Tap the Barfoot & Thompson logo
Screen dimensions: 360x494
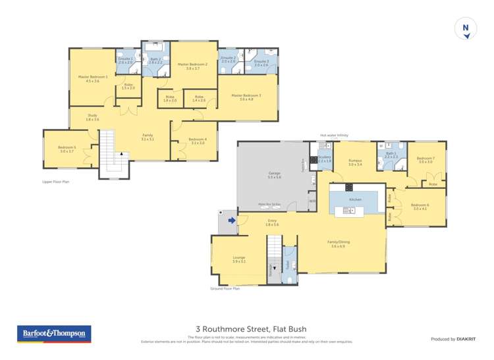pos(53,334)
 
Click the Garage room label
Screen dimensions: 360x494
pos(275,174)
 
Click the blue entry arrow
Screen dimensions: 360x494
pos(231,220)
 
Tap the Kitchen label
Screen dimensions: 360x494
pos(355,199)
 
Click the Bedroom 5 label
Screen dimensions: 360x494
pos(67,149)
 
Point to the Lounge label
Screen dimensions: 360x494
pos(238,259)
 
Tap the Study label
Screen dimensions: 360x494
pos(92,117)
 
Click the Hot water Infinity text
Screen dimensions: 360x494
pos(335,135)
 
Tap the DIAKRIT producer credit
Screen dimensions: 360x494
pos(453,339)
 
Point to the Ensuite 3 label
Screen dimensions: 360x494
pos(261,63)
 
